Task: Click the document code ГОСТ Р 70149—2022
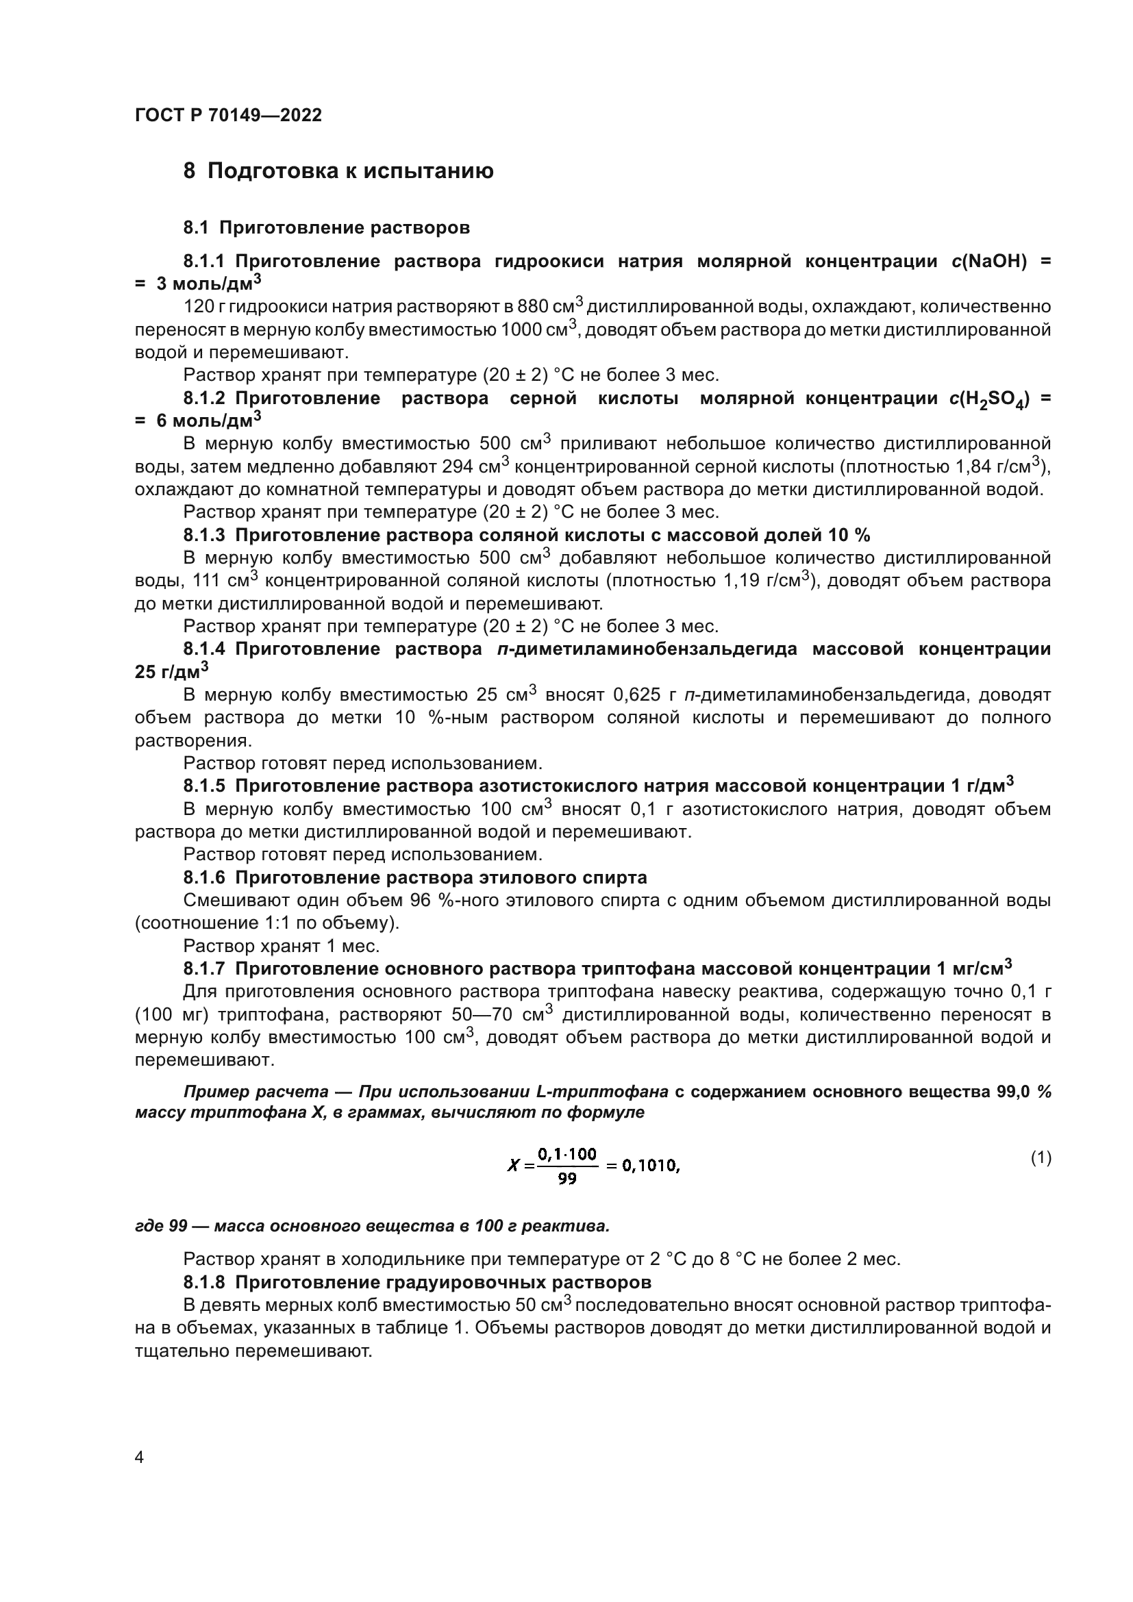click(228, 116)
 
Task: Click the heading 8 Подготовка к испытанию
click(338, 171)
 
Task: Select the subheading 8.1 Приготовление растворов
click(327, 227)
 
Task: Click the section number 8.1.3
click(204, 535)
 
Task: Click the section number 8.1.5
click(204, 786)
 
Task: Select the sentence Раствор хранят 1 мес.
click(281, 946)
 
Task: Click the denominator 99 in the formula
click(567, 1180)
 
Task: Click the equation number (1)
click(1041, 1158)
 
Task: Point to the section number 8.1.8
click(204, 1282)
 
